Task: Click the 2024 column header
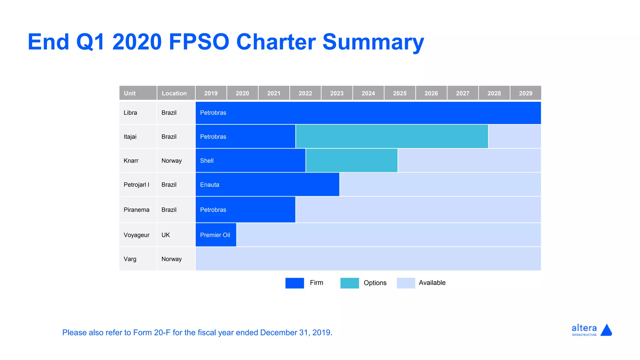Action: [368, 93]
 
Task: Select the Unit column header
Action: [138, 93]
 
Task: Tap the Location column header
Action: [176, 93]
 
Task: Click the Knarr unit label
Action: [131, 161]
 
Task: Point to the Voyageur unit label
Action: [137, 235]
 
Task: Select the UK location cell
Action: [166, 235]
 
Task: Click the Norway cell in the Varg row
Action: [172, 259]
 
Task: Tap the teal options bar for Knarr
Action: [352, 161]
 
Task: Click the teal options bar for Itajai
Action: [392, 137]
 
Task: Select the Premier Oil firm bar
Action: [216, 235]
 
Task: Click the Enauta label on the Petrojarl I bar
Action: [210, 185]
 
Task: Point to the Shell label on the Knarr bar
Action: [207, 161]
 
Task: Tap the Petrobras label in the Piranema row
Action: [213, 210]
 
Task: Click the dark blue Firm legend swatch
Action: [295, 283]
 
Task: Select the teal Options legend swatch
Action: [350, 283]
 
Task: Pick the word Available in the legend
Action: [432, 283]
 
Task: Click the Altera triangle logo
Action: [606, 330]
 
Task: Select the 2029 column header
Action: [526, 93]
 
